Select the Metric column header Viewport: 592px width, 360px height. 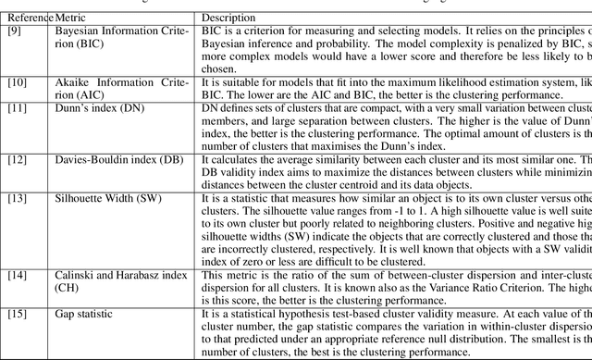click(x=73, y=18)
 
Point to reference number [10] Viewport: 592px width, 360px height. click(x=17, y=82)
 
